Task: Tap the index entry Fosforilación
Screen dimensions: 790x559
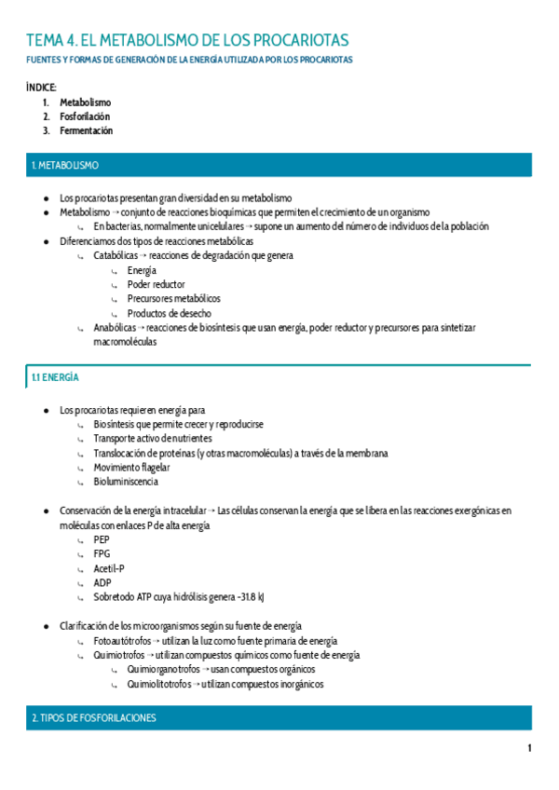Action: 85,116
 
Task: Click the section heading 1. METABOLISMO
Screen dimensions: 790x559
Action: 64,165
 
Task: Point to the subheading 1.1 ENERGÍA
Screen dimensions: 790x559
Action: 55,377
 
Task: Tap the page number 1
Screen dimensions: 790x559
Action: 529,749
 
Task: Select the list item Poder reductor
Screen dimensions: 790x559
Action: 156,284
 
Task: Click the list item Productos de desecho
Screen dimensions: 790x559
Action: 169,314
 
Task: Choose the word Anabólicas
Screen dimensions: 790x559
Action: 115,328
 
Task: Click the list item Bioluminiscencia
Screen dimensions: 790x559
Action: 126,482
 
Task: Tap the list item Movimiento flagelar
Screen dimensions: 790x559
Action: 131,468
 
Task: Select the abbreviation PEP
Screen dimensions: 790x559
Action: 102,539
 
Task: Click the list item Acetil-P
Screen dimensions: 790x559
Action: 109,568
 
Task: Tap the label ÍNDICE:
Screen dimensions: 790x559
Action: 41,87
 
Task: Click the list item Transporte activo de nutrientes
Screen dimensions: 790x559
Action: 153,439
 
